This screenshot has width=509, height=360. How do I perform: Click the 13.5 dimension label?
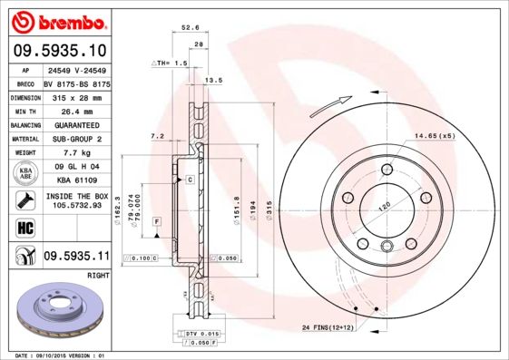pos(215,81)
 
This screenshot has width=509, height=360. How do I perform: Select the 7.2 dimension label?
pos(156,135)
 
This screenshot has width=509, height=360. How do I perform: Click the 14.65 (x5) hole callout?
pos(435,135)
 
